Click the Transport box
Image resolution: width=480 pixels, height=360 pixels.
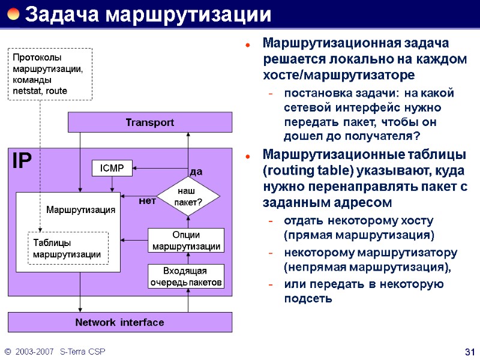click(149, 122)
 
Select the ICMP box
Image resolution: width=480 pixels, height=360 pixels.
click(112, 169)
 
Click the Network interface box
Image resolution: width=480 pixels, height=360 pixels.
click(119, 322)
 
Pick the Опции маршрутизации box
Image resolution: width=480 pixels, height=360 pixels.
click(186, 241)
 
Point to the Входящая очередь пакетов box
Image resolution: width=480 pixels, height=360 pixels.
click(186, 276)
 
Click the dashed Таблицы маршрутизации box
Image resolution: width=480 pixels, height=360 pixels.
click(68, 248)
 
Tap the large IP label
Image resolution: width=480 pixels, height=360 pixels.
click(22, 161)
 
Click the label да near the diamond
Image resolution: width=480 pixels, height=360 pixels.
click(196, 172)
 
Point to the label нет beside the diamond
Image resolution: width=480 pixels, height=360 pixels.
click(147, 201)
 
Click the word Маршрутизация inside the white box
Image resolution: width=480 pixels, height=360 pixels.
click(80, 210)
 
